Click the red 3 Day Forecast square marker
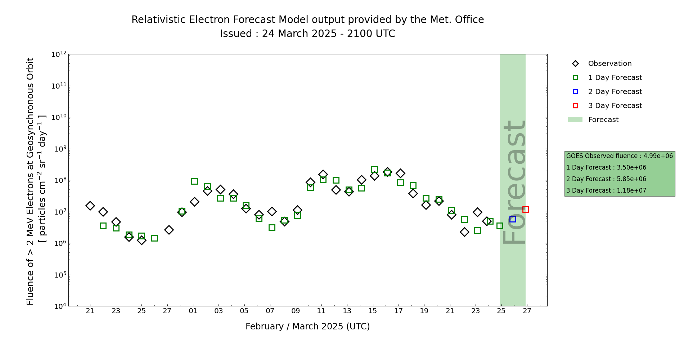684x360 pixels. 525,209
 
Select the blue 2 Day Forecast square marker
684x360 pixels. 513,219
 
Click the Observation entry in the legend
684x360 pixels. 609,64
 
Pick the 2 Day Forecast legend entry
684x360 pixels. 615,92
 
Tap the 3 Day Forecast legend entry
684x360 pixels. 615,106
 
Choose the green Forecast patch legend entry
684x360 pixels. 603,120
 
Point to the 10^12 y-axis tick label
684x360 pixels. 59,54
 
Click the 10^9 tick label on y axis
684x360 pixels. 59,149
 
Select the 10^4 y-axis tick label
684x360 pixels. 59,306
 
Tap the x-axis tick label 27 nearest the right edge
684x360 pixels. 527,311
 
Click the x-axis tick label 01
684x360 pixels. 193,311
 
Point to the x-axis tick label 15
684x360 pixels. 373,311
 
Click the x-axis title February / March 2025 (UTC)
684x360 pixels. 307,327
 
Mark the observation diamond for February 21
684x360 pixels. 90,206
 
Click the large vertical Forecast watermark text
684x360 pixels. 514,182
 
